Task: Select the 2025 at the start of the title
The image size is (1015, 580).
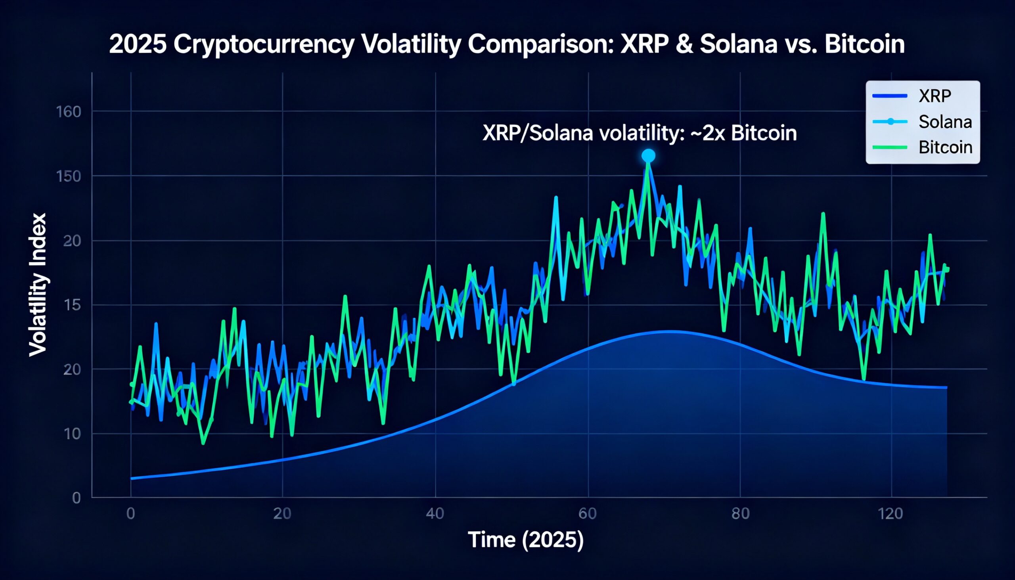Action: coord(138,44)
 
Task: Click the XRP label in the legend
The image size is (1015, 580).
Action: coord(935,96)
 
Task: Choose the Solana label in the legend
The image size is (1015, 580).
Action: coord(945,122)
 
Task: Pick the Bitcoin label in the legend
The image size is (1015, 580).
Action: coord(945,147)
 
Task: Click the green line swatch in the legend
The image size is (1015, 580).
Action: coord(890,147)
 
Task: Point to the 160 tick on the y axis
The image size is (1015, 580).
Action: coord(69,112)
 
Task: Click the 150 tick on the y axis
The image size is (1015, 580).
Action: coord(69,176)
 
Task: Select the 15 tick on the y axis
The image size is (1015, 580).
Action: coord(72,305)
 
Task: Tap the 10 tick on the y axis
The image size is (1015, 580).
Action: coord(72,434)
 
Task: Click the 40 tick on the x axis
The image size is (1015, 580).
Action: coord(435,514)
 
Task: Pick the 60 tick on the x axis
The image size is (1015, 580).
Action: coord(588,514)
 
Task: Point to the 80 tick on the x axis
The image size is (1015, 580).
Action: coord(741,514)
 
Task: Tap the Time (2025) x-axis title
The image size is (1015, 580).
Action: coord(526,541)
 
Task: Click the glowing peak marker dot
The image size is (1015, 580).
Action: coord(648,156)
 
